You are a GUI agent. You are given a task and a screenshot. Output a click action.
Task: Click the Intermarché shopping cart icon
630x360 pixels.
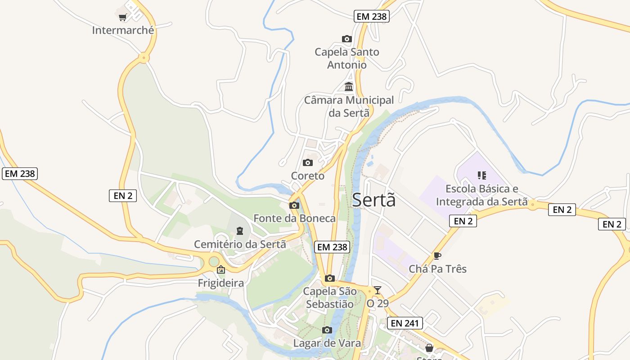tap(122, 18)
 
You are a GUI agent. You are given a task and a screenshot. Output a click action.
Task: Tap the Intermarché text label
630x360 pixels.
tap(123, 31)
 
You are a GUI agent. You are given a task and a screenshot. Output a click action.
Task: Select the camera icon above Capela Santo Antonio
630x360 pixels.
tap(346, 39)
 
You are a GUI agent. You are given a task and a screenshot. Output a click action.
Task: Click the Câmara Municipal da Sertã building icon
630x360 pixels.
tap(349, 87)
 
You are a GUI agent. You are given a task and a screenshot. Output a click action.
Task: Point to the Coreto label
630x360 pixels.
tap(308, 176)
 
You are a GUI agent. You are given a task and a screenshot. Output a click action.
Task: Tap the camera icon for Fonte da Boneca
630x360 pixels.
tap(294, 206)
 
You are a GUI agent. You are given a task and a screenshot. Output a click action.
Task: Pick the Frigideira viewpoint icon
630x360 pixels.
tap(221, 270)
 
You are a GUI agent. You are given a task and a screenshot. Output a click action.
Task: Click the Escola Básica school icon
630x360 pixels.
tap(482, 175)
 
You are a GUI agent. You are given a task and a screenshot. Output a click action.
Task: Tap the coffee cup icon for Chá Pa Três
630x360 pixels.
tap(436, 256)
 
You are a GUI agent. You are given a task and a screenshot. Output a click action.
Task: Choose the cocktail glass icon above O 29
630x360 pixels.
tap(377, 290)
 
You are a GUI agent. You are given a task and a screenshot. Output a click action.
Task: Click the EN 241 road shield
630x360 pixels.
tap(405, 323)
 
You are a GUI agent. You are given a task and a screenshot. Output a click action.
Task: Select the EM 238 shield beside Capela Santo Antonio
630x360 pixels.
tap(371, 17)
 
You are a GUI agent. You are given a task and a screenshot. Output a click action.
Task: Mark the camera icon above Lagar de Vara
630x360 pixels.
tap(327, 330)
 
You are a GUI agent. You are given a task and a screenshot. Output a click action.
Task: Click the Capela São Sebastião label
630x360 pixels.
tap(330, 298)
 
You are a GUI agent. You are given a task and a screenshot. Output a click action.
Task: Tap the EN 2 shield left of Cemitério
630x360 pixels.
tap(123, 196)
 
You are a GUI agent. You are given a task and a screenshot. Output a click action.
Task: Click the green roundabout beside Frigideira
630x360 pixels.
tap(214, 261)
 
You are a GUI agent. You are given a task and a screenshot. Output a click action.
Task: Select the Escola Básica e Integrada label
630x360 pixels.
tap(481, 195)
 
